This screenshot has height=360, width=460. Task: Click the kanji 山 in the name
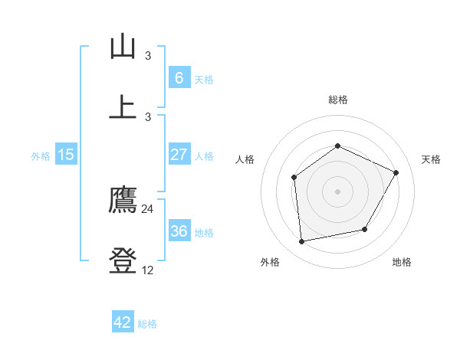[123, 47]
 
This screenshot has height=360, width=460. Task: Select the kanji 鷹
[123, 201]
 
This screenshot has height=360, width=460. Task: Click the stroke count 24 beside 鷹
[148, 208]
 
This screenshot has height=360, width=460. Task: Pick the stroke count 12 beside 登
[148, 270]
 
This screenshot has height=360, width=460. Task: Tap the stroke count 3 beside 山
[148, 55]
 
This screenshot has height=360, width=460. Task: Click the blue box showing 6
[179, 78]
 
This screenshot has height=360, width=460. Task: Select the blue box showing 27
[179, 155]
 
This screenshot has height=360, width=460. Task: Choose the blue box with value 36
[179, 231]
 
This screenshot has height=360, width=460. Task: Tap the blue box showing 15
[66, 155]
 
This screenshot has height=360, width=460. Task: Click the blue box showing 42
[123, 323]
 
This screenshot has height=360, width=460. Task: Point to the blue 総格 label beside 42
[147, 324]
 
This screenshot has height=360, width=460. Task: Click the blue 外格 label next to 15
[41, 155]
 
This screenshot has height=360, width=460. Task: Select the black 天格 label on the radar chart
[431, 159]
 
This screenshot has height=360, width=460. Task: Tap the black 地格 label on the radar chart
[402, 262]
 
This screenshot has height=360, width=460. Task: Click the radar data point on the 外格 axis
[302, 242]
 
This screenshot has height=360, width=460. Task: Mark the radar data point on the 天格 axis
[396, 172]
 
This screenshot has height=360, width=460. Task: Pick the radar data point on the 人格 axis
[294, 178]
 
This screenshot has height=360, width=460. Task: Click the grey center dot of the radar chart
[337, 191]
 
